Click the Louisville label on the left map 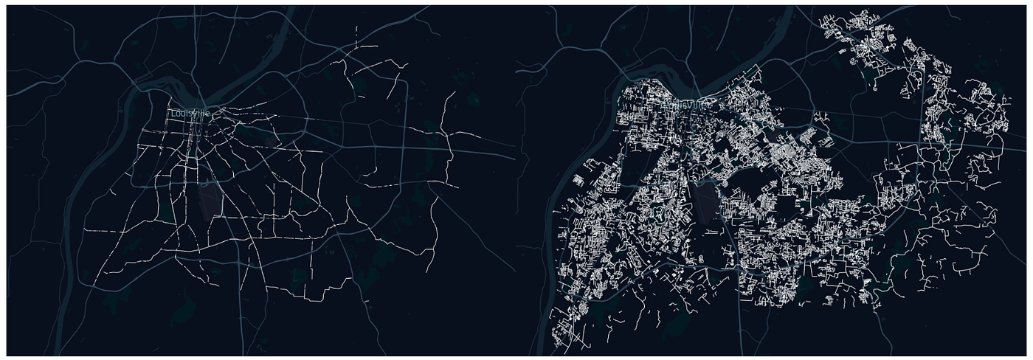click(x=190, y=113)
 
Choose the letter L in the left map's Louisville click(x=173, y=113)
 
